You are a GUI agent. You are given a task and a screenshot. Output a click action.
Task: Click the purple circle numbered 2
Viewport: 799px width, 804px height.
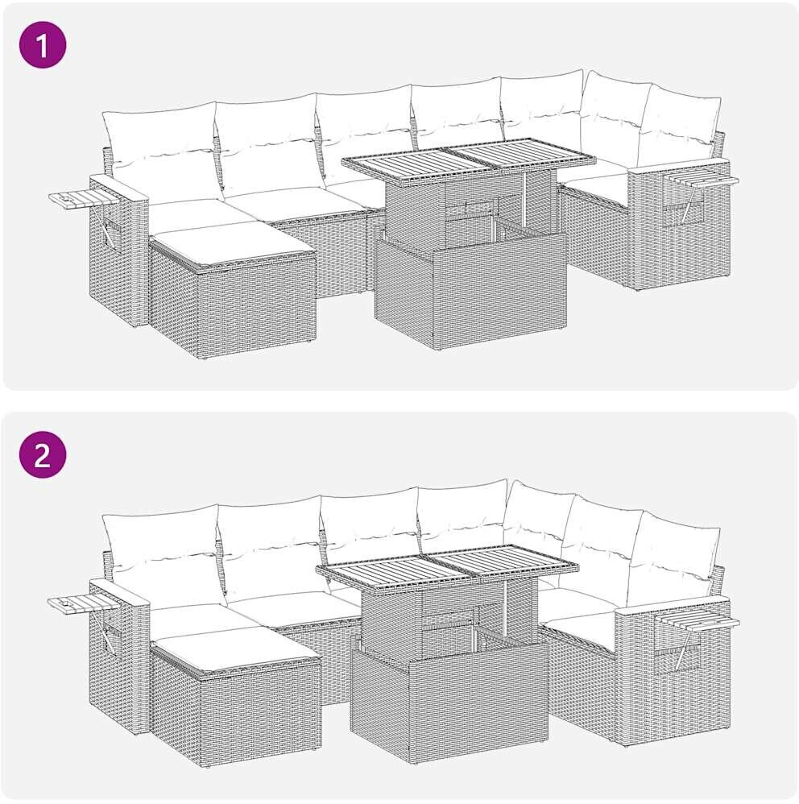pyautogui.click(x=43, y=455)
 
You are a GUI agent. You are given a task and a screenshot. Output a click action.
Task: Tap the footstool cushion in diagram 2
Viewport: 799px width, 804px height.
pyautogui.click(x=237, y=649)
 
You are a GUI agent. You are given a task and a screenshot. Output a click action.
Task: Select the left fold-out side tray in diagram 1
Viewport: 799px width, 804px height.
pyautogui.click(x=82, y=198)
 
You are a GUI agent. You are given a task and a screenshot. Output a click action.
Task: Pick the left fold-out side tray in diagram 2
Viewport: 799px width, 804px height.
pyautogui.click(x=84, y=602)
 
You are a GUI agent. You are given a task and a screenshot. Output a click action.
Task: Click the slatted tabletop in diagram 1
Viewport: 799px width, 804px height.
pyautogui.click(x=469, y=160)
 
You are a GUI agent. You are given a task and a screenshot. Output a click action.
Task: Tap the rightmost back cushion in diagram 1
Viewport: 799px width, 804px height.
pyautogui.click(x=679, y=123)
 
